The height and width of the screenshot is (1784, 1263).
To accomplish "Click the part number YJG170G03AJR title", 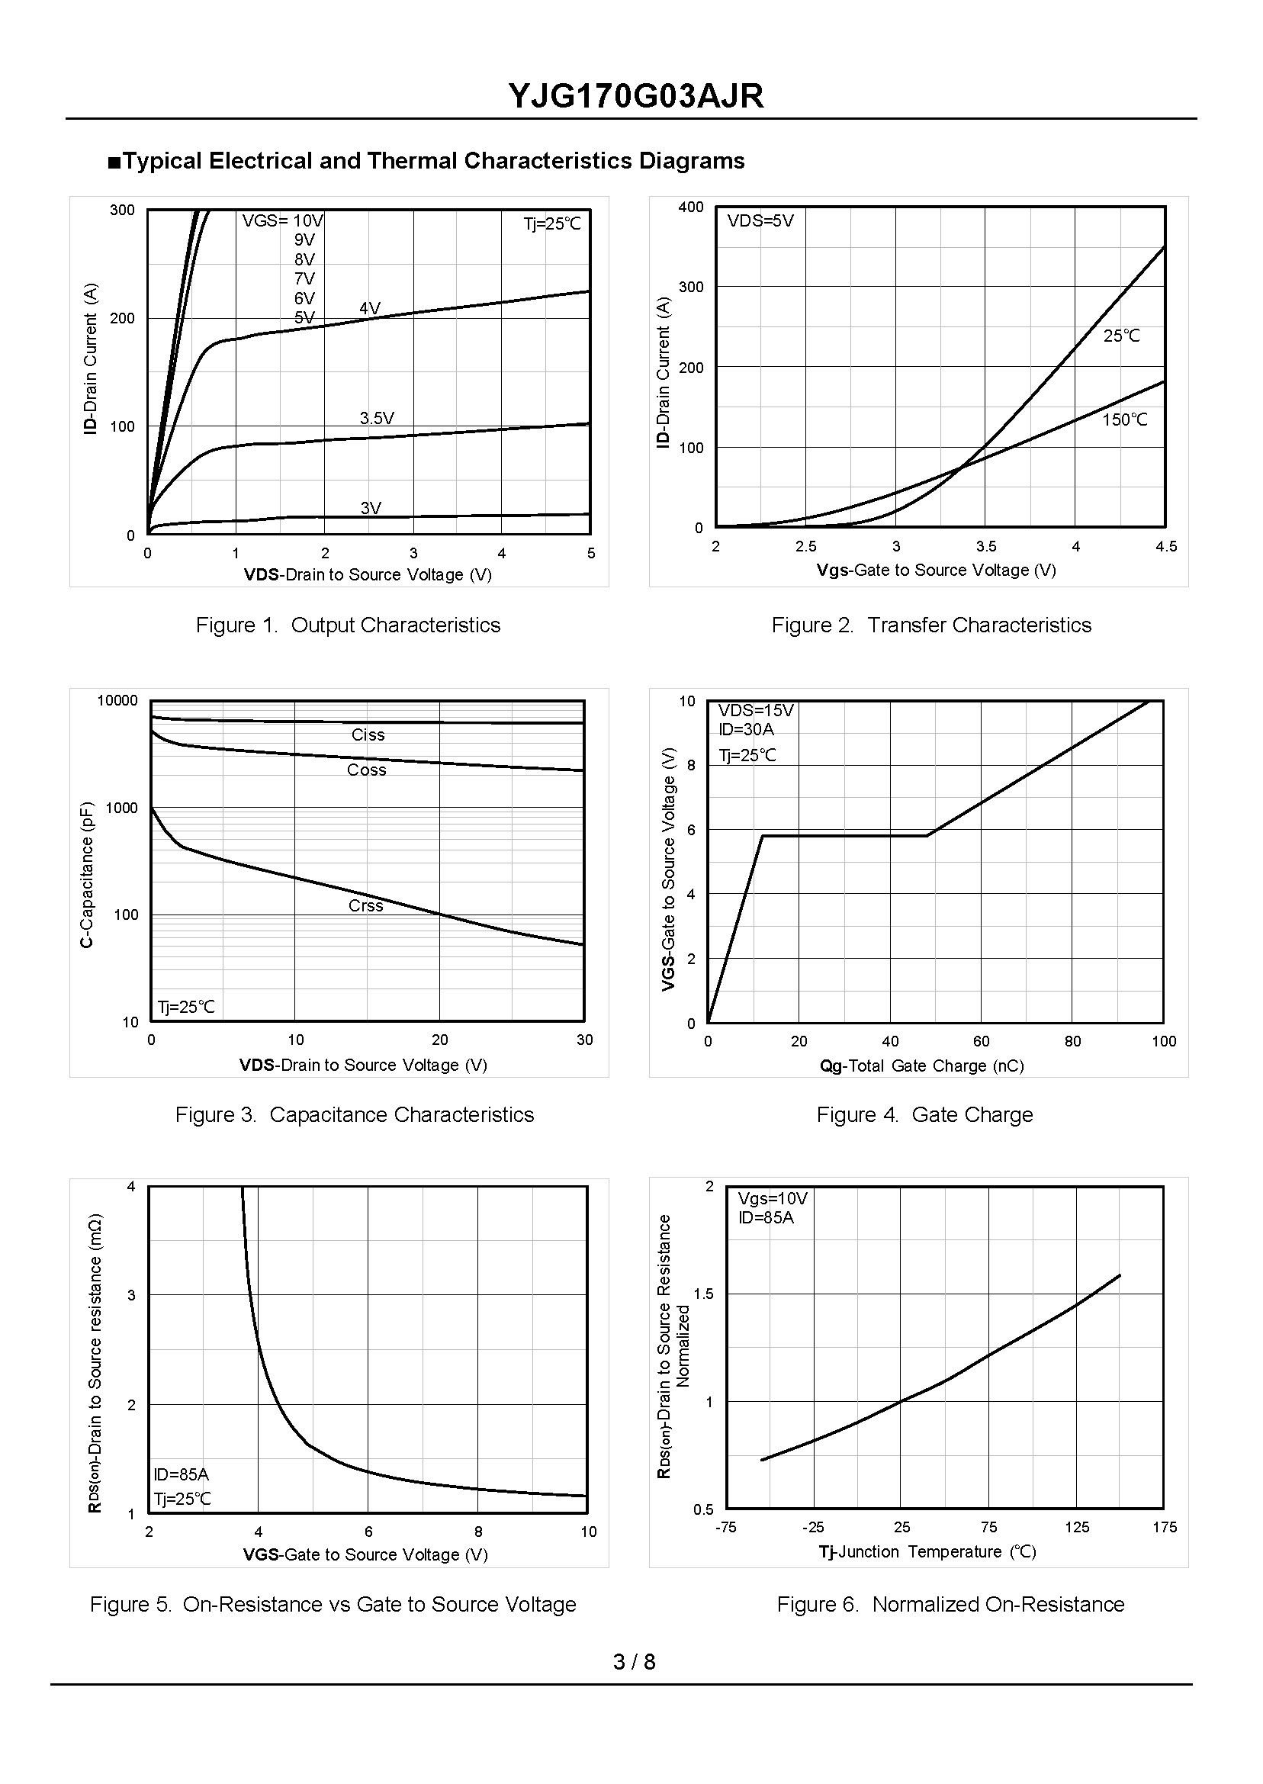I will [x=635, y=96].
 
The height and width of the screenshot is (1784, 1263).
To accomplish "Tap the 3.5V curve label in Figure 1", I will [x=377, y=419].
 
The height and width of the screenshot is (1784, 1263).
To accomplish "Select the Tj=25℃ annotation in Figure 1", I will [x=552, y=224].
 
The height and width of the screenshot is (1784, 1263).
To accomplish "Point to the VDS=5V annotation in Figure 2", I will [x=760, y=221].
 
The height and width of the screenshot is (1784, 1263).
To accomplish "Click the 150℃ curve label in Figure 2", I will [x=1124, y=420].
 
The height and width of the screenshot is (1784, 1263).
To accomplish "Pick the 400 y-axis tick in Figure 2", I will [x=690, y=207].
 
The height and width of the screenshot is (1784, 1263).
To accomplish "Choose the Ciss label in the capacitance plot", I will [x=368, y=735].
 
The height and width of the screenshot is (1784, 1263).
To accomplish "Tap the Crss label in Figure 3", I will [x=365, y=905].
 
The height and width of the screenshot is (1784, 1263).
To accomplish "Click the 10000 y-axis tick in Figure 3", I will [x=117, y=701].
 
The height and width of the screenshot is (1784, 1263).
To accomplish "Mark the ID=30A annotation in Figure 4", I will [x=746, y=729].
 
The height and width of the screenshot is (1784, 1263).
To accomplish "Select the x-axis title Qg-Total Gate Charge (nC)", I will [x=921, y=1066].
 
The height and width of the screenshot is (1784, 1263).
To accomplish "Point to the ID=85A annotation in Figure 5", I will [x=182, y=1474].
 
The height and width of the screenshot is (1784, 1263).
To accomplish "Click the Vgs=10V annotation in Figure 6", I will [x=773, y=1198].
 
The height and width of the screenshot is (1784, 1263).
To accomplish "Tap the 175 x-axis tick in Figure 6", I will [x=1164, y=1528].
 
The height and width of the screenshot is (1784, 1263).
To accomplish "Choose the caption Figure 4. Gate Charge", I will [x=924, y=1114].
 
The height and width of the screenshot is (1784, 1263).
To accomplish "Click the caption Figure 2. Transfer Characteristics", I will [x=931, y=625].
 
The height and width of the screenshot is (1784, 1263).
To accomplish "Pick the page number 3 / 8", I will [x=634, y=1662].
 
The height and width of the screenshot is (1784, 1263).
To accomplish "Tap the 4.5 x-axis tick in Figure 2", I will [x=1166, y=547].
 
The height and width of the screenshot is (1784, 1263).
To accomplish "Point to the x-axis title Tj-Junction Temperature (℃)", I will [x=927, y=1551].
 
